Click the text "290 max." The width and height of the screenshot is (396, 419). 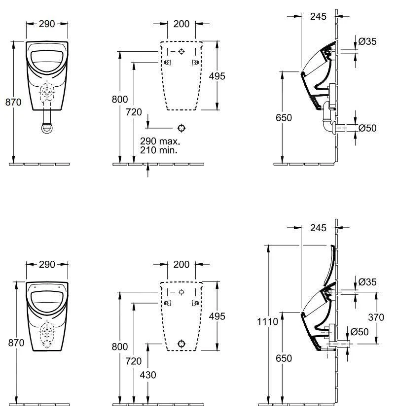coord(160,140)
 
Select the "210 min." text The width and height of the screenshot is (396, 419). coord(159,149)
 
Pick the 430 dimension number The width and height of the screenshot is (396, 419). coord(148,375)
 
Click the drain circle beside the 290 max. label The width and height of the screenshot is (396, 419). coord(181,128)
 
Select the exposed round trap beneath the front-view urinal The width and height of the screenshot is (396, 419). coord(47,126)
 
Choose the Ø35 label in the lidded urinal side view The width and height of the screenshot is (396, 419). coord(367,282)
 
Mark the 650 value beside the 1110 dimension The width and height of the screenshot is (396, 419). coord(284,358)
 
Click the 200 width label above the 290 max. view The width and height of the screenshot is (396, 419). coord(181,23)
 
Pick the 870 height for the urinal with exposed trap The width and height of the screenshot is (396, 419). coord(13,103)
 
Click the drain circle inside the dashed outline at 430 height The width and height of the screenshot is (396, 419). coord(181,343)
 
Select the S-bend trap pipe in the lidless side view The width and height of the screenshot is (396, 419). coord(328,121)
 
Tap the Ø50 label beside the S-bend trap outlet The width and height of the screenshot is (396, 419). coord(367,128)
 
